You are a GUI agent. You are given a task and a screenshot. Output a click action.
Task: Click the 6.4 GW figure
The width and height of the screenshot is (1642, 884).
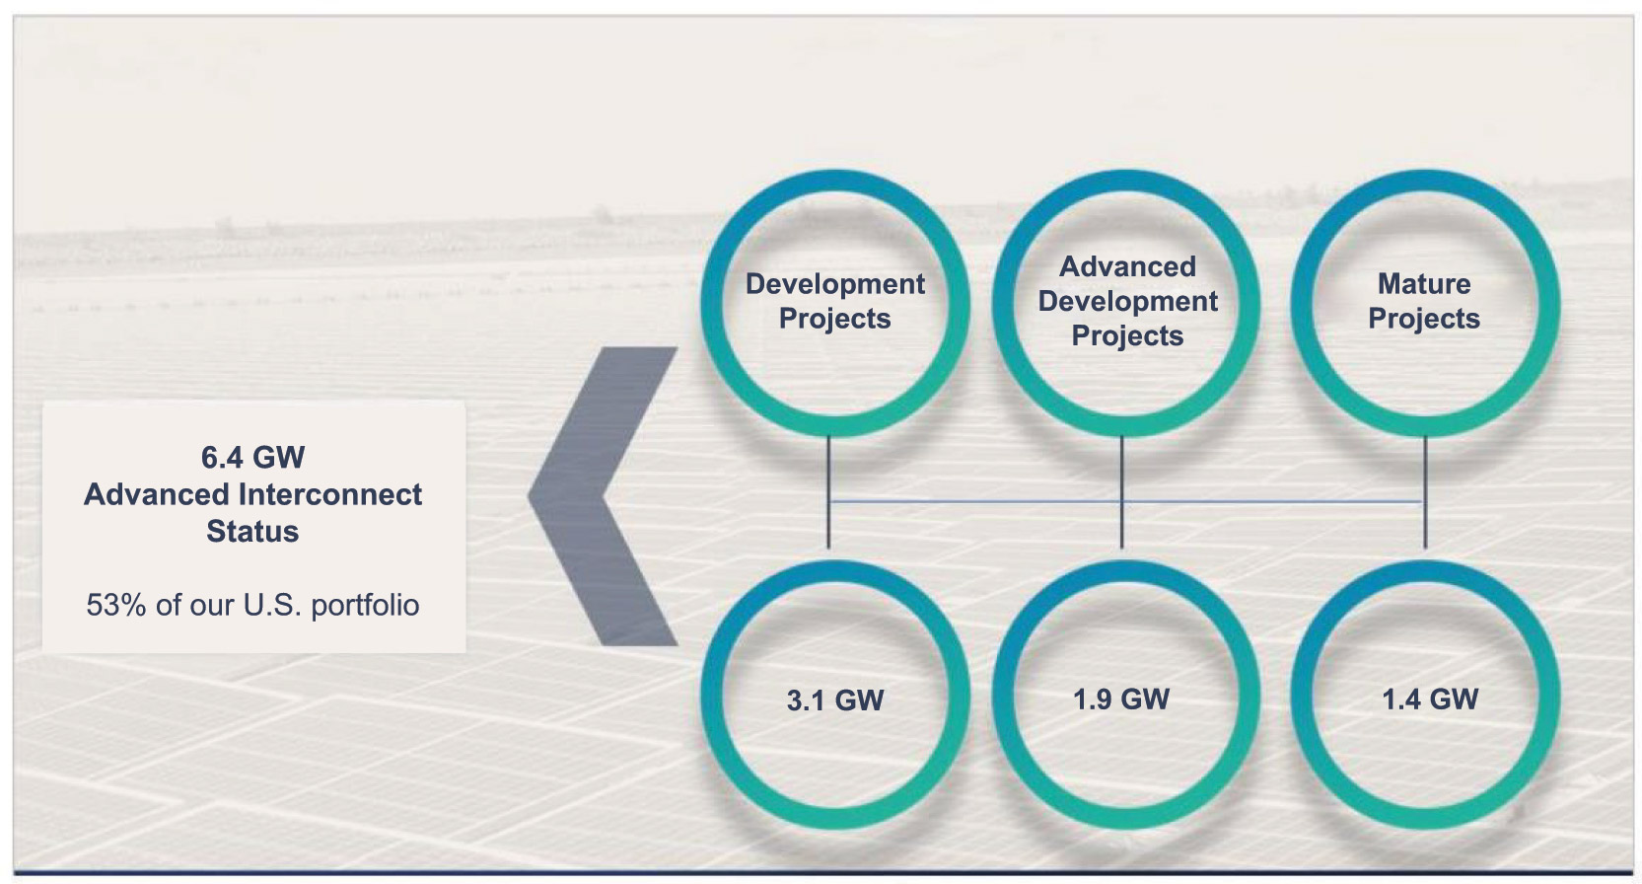pos(252,458)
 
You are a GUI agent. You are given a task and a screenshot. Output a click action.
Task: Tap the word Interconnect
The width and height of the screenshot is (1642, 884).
pos(330,494)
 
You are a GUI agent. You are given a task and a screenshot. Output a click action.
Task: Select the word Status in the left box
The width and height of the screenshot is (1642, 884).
pos(252,531)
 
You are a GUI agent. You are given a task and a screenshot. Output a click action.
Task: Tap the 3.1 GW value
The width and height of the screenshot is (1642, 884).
pos(835,700)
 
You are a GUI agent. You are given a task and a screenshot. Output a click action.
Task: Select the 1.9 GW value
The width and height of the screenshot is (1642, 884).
pos(1121,700)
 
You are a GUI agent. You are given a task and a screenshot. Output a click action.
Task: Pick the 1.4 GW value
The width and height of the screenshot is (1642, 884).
pos(1430,700)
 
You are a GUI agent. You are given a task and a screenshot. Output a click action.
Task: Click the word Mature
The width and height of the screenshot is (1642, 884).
pos(1424,284)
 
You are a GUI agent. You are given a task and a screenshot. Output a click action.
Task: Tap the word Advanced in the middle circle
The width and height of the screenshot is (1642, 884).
pos(1127,266)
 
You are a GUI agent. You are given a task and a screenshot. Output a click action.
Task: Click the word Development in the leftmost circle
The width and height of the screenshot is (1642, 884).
pos(835,284)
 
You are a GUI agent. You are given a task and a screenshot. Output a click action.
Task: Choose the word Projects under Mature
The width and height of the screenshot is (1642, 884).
pos(1424,319)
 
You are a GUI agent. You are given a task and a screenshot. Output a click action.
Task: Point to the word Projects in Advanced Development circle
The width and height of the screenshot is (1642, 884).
pos(1127,335)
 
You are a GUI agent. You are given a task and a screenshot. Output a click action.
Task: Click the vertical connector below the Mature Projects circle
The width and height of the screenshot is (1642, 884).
pos(1425,492)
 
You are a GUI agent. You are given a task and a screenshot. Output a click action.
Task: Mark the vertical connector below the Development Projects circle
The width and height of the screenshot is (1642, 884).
pos(828,492)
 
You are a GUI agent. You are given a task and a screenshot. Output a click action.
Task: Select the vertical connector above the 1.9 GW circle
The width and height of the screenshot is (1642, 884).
pos(1121,492)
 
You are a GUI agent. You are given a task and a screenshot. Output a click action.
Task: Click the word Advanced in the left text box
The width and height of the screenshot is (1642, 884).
pos(157,494)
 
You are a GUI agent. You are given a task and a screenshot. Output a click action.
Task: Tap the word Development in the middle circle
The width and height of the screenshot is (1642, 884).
pos(1127,301)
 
